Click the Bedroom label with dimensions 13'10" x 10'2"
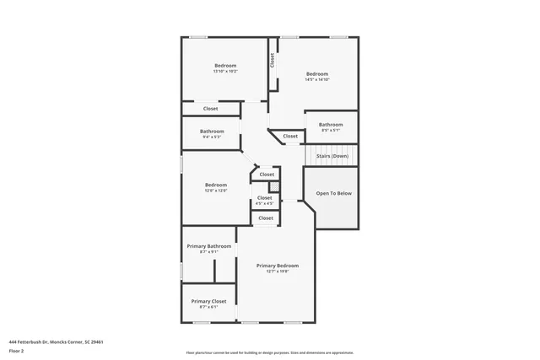pyautogui.click(x=225, y=66)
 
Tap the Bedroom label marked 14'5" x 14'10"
pyautogui.click(x=316, y=74)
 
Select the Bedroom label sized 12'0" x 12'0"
pyautogui.click(x=216, y=185)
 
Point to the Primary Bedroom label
pyautogui.click(x=278, y=266)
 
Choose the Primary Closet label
pyautogui.click(x=208, y=301)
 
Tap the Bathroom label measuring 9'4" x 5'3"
pyautogui.click(x=212, y=131)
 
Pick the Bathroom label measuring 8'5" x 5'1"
pyautogui.click(x=330, y=125)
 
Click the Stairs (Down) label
pyautogui.click(x=332, y=156)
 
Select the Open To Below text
pyautogui.click(x=333, y=193)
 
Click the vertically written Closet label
pyautogui.click(x=272, y=61)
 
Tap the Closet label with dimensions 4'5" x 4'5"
pyautogui.click(x=265, y=198)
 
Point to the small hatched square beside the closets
pyautogui.click(x=274, y=186)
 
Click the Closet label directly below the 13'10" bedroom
pyautogui.click(x=210, y=109)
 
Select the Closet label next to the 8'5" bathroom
pyautogui.click(x=290, y=136)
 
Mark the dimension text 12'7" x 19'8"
pyautogui.click(x=278, y=271)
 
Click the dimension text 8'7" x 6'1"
pyautogui.click(x=208, y=307)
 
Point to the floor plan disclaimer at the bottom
pyautogui.click(x=270, y=352)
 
